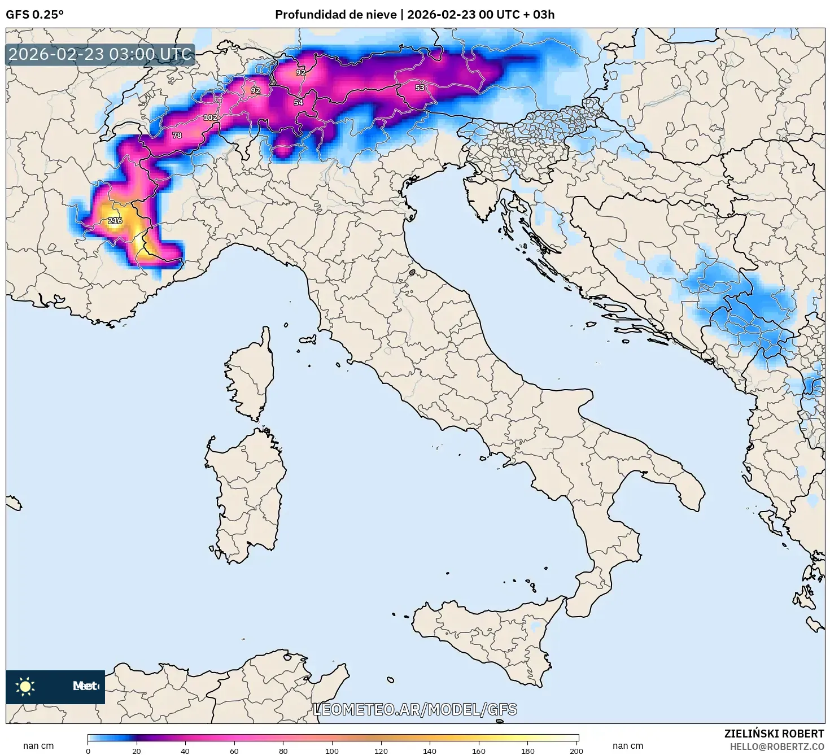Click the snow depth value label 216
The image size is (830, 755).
[115, 221]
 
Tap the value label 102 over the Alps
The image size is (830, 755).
[210, 117]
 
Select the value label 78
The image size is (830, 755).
[177, 136]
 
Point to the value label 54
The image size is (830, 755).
[298, 103]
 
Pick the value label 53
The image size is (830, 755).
[420, 88]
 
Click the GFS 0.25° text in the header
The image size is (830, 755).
[34, 15]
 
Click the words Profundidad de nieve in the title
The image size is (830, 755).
[335, 15]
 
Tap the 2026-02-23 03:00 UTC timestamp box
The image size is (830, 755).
[100, 55]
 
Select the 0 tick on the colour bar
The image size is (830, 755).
[88, 750]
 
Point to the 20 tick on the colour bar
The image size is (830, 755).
[137, 750]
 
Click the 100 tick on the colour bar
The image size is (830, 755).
[332, 750]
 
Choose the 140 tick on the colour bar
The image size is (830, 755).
[430, 750]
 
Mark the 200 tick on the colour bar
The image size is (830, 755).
[576, 750]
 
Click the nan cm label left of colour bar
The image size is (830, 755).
[38, 746]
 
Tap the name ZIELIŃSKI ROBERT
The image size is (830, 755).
[774, 734]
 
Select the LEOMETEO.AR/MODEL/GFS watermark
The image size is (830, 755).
[415, 709]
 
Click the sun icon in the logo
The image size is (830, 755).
[25, 686]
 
